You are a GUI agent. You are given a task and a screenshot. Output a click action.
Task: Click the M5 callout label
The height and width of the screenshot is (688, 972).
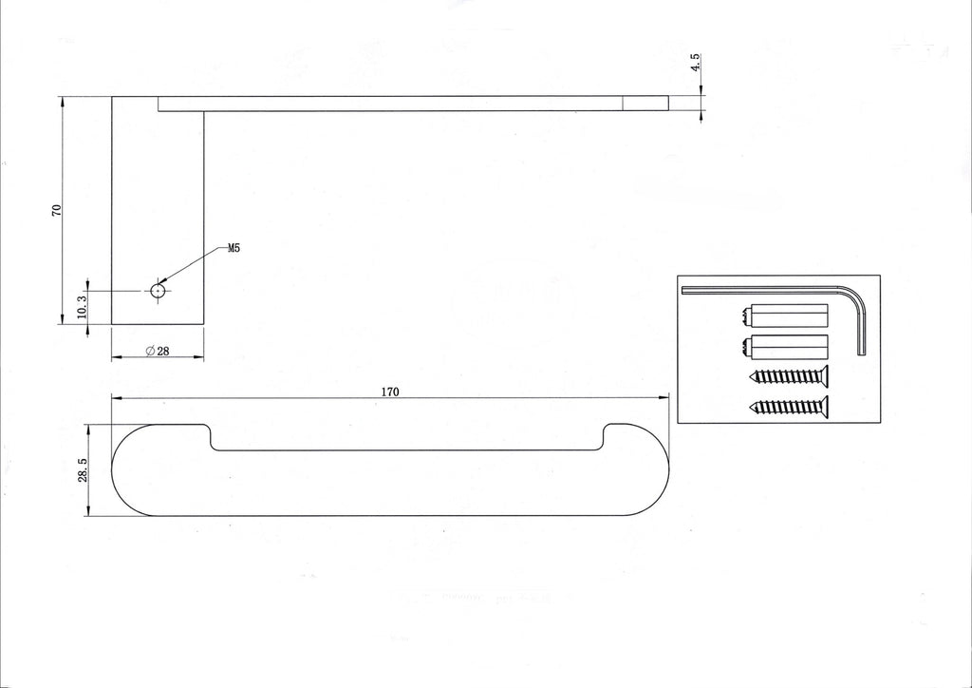[x=234, y=249]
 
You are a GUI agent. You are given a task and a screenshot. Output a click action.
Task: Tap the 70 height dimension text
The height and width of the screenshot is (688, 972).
[x=56, y=210]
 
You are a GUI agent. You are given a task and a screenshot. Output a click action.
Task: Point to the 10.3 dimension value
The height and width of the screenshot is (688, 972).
[x=82, y=307]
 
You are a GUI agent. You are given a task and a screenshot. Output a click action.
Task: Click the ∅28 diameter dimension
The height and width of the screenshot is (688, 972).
[x=158, y=352]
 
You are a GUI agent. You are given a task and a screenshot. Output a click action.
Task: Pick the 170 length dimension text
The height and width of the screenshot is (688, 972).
[x=390, y=392]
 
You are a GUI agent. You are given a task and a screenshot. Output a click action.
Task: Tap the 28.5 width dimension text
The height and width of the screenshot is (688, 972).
[x=83, y=470]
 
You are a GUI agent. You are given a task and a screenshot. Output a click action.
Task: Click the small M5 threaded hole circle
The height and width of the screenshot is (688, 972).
[x=159, y=290]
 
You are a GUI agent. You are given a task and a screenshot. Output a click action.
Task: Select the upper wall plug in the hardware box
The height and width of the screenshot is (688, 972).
[x=785, y=315]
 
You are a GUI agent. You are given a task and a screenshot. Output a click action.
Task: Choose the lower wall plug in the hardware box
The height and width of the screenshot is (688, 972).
[x=785, y=347]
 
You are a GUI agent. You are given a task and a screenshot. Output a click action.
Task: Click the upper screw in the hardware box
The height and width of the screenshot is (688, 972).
[x=789, y=375]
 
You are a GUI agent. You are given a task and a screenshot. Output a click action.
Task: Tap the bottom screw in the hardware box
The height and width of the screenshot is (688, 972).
[x=789, y=407]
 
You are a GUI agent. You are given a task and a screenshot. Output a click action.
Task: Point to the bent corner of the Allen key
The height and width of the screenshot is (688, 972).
[x=856, y=296]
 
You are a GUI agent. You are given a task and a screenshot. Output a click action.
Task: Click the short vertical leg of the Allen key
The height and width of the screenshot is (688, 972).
[x=861, y=332]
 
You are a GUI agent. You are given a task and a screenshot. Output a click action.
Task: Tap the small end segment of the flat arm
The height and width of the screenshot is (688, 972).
[x=645, y=104]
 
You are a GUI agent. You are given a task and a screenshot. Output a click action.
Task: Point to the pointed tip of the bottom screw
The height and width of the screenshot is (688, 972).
[x=752, y=407]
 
